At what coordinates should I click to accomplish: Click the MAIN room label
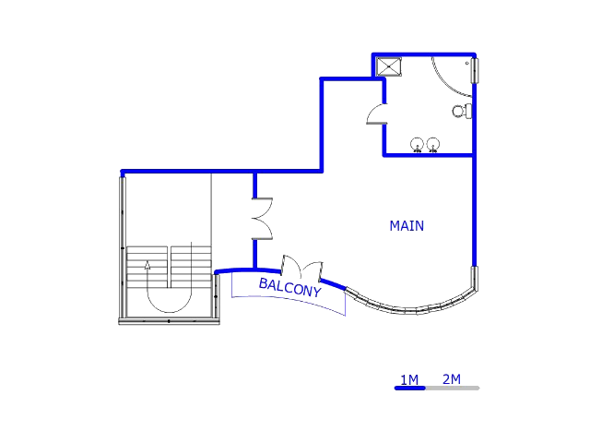[407, 225]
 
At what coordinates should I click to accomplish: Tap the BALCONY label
[290, 287]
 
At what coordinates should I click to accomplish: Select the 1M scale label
[409, 379]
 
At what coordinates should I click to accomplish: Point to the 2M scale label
[452, 379]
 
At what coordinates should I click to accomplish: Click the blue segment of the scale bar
[409, 388]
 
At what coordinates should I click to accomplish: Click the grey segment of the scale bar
[453, 388]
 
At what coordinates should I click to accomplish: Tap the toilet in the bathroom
[462, 111]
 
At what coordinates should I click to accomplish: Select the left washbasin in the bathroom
[417, 145]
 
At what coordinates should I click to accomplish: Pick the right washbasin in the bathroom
[433, 145]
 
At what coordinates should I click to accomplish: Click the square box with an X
[389, 66]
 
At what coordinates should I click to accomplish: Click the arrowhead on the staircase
[147, 265]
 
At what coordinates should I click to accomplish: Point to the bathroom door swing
[377, 114]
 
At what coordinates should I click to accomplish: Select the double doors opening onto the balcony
[301, 269]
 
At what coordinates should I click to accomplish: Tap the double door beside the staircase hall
[262, 219]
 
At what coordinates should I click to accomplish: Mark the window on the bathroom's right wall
[476, 70]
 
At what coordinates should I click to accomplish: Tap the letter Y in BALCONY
[317, 292]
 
